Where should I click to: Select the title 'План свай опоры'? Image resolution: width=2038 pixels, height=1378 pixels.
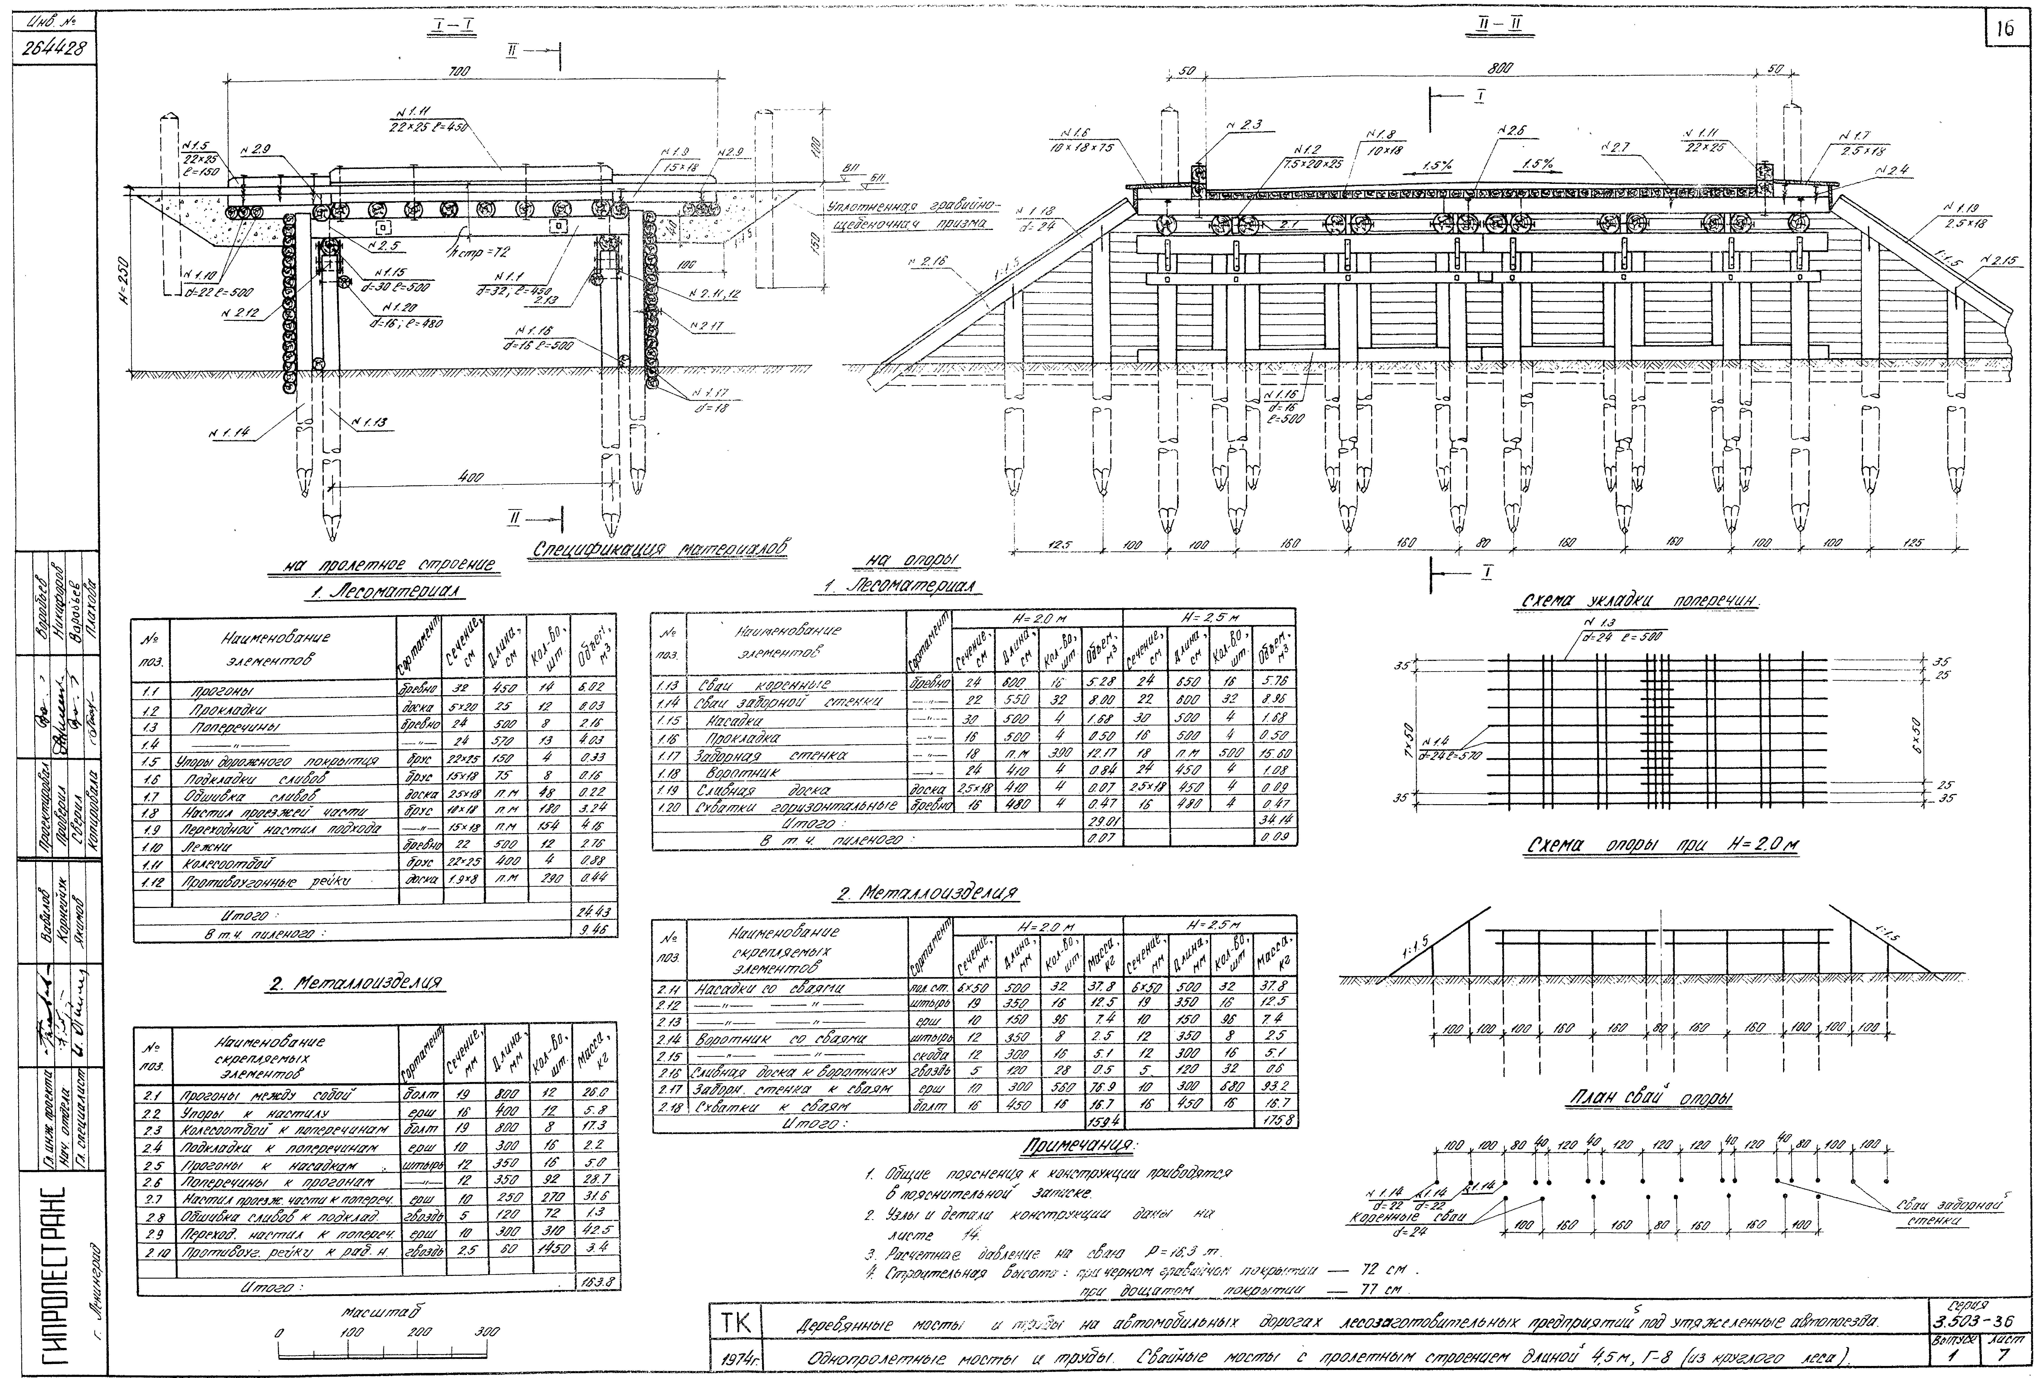click(x=1649, y=1099)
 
